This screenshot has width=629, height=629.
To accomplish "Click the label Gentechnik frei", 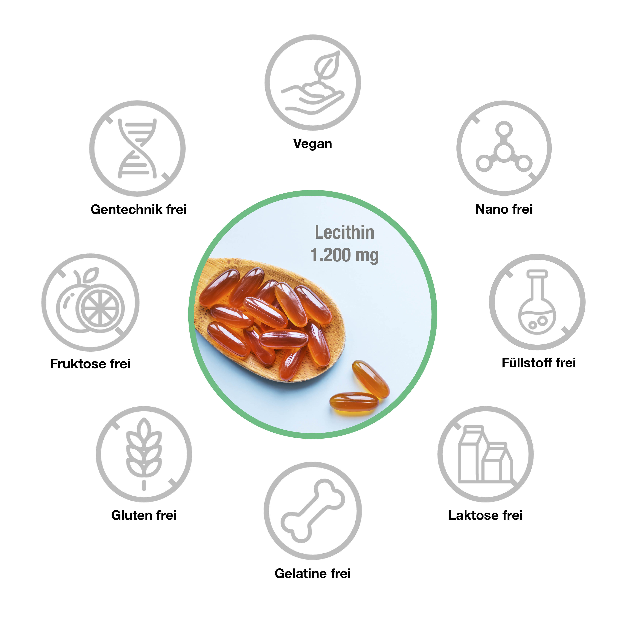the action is click(138, 209).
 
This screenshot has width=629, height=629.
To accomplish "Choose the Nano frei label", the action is click(504, 209).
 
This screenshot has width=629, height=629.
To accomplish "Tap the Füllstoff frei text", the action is click(538, 363).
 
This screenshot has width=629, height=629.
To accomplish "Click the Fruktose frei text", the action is click(90, 364).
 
